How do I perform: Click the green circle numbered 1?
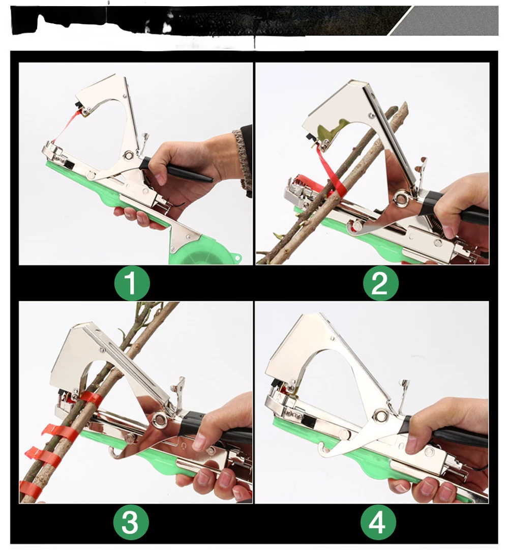(x=132, y=283)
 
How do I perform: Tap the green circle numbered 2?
(x=380, y=283)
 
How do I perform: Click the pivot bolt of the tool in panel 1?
(x=129, y=155)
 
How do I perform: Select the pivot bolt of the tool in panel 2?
(x=399, y=199)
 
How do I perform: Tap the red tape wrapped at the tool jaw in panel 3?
(x=90, y=398)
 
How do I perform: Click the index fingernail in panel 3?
(x=199, y=442)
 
